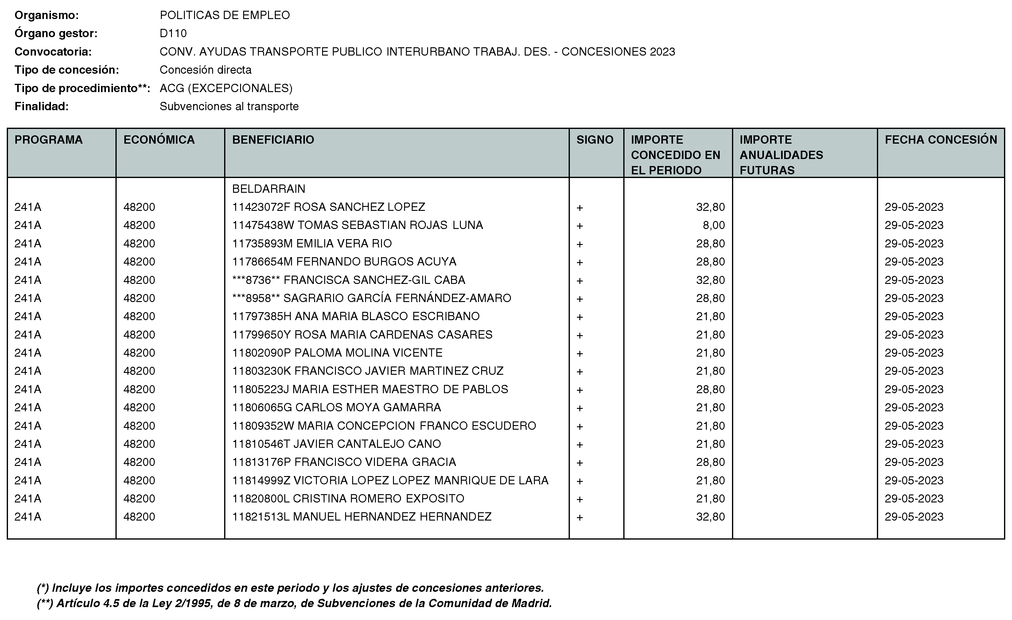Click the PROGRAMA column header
[49, 140]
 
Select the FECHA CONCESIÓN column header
[940, 140]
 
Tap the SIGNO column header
[595, 140]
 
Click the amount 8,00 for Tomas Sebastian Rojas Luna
[714, 225]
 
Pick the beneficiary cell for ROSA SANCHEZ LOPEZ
[329, 207]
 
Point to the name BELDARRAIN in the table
[269, 189]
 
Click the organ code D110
[173, 33]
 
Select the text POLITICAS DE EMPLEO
[225, 15]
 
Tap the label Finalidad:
[41, 106]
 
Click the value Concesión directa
[205, 70]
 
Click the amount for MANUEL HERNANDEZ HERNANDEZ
[710, 517]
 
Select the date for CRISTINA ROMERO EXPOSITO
[914, 498]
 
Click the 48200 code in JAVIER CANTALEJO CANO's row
[139, 444]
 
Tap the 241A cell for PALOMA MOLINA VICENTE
[28, 353]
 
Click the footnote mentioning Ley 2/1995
[294, 603]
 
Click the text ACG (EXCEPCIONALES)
[226, 88]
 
